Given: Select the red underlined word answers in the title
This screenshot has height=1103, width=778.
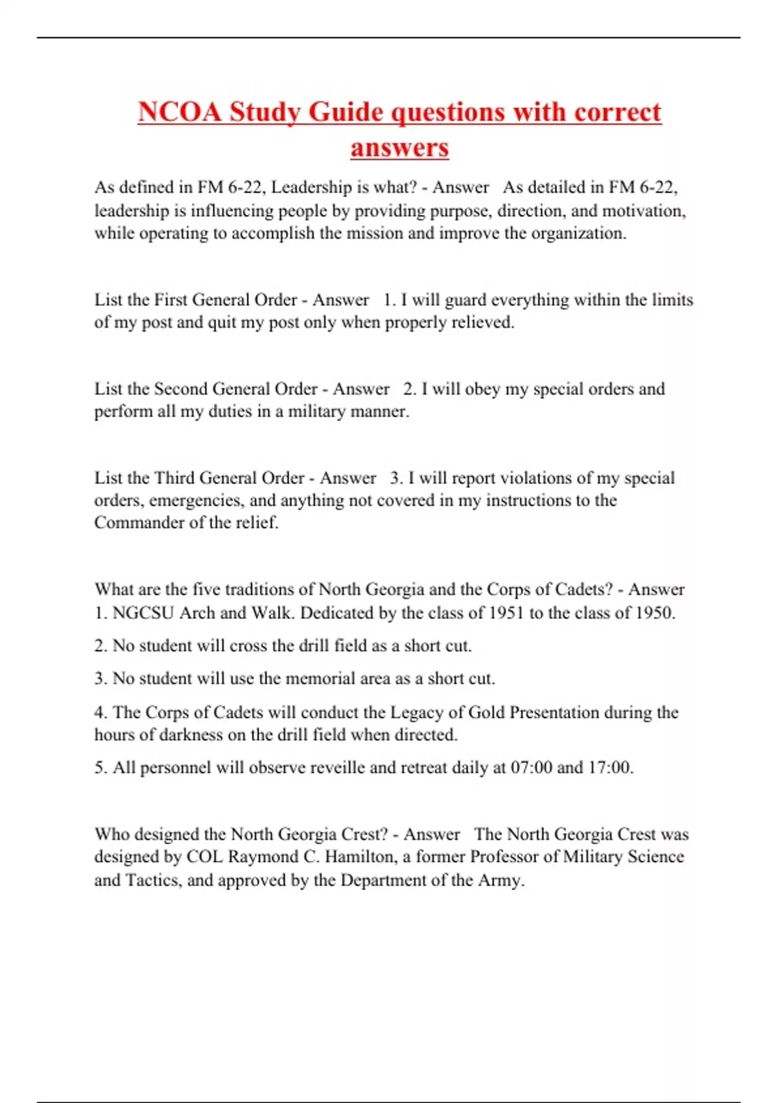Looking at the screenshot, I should tap(399, 147).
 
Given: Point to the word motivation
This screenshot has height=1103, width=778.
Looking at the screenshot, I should tap(642, 211).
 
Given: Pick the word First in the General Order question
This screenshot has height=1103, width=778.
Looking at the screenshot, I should tap(171, 300).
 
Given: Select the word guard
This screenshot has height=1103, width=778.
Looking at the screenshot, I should tap(466, 300).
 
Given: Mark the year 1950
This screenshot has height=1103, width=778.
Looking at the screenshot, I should tap(652, 613).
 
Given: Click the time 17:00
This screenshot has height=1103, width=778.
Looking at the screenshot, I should tap(609, 768).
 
